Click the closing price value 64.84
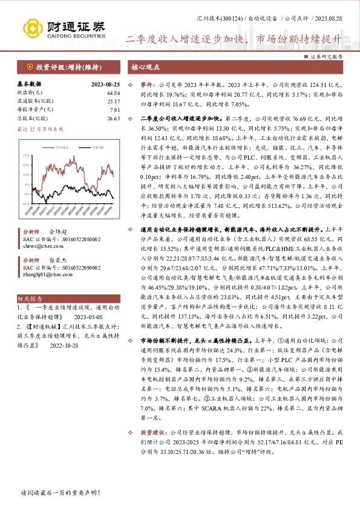pyautogui.click(x=113, y=92)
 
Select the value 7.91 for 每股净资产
pyautogui.click(x=115, y=109)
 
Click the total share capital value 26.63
pyautogui.click(x=113, y=118)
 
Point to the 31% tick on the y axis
pyautogui.click(x=26, y=155)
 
